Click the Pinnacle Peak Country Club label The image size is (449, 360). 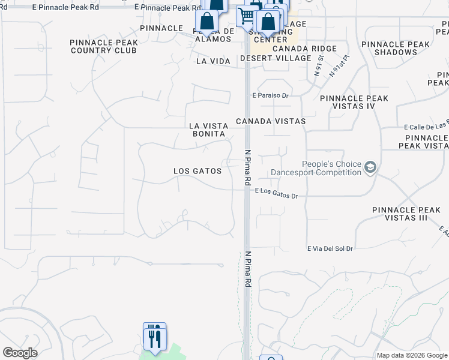click(104, 47)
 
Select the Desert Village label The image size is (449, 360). click(276, 58)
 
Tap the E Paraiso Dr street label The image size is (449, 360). click(271, 95)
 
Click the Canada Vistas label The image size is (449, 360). click(271, 121)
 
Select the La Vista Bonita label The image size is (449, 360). click(209, 130)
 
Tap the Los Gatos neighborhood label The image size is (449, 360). click(197, 171)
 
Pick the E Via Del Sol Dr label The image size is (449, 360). click(330, 248)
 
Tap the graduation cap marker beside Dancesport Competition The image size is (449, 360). click(370, 167)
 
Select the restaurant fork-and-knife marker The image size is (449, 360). click(154, 337)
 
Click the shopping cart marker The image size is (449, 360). click(246, 15)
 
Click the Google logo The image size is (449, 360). click(20, 353)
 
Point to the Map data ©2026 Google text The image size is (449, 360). click(411, 355)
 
